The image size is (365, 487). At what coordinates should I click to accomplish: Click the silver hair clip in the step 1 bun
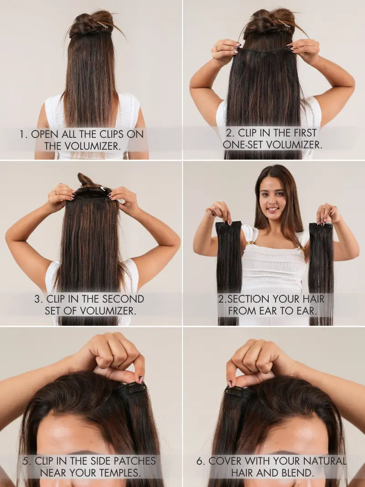coord(102,25)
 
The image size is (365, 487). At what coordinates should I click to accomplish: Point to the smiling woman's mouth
coord(273,209)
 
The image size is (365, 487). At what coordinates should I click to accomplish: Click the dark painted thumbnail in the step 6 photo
coord(229,384)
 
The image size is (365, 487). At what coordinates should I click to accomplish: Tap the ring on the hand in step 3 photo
coord(56,193)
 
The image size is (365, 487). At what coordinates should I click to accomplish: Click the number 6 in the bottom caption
coord(199,461)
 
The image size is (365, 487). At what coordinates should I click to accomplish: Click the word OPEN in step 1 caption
coord(45,134)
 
